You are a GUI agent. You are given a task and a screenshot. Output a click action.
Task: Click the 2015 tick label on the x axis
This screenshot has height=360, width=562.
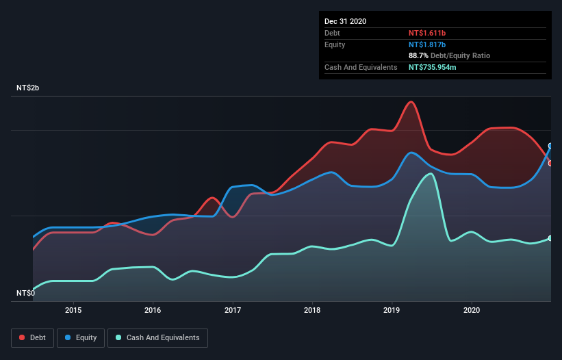73,310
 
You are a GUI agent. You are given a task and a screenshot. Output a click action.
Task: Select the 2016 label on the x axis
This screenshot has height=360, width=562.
153,310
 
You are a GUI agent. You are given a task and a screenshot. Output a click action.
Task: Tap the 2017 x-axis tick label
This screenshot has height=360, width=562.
233,310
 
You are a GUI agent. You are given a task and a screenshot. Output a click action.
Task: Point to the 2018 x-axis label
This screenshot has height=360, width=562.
312,310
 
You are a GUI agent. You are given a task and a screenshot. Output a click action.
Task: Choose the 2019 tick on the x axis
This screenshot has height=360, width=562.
392,310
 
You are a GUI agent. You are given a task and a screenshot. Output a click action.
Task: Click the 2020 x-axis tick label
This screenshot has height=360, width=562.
472,310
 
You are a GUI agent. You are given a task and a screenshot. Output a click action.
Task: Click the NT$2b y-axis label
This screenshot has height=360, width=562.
28,88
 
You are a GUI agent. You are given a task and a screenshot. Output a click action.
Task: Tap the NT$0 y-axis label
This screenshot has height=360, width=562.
25,293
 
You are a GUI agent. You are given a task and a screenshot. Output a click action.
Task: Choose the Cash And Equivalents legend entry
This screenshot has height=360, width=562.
157,337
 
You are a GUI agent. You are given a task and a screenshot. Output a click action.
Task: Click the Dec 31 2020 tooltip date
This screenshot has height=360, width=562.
345,21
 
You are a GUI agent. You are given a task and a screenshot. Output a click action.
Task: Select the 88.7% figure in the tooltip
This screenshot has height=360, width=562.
420,55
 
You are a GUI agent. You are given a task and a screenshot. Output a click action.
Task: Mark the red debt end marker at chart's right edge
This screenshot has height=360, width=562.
550,163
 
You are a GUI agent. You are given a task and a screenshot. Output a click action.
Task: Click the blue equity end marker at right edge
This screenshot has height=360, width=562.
550,146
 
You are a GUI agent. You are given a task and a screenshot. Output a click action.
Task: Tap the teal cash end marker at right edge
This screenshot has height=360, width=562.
550,238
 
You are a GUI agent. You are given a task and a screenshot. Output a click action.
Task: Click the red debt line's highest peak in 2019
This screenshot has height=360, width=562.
411,102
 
